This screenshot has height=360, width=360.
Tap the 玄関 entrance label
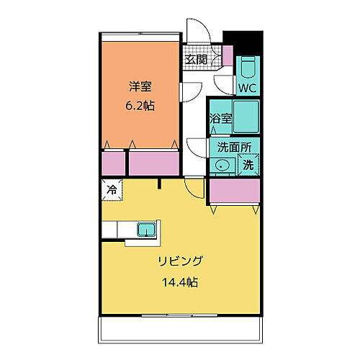[196, 60]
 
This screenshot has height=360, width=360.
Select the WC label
[248, 88]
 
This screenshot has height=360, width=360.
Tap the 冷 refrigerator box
[112, 191]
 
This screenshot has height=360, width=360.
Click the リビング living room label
[180, 261]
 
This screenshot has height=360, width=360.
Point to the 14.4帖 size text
[180, 282]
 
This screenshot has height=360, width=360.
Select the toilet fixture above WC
[248, 69]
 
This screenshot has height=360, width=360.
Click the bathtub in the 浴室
[246, 116]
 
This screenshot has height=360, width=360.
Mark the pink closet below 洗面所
[233, 192]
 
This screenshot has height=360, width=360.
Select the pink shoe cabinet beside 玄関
[227, 55]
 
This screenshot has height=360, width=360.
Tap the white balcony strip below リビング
[180, 329]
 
